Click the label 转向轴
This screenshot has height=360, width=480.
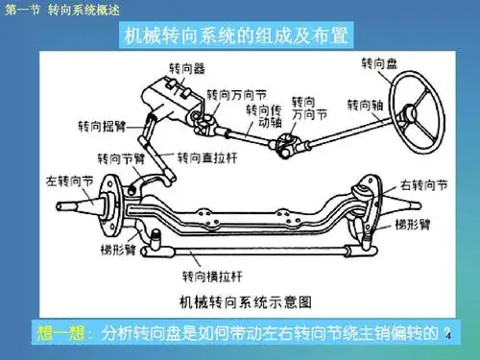point(365,104)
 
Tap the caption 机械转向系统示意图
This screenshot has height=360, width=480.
point(248,299)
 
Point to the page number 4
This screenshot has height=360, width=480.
point(447,337)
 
